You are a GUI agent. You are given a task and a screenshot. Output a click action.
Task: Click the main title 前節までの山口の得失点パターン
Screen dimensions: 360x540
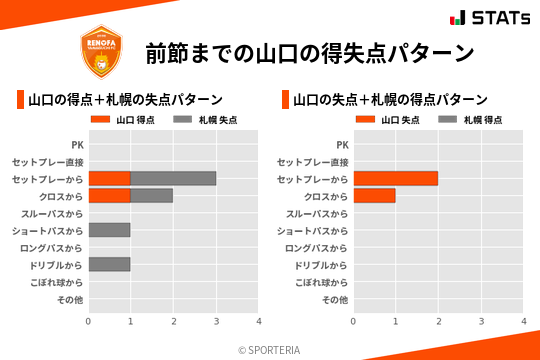coord(309,53)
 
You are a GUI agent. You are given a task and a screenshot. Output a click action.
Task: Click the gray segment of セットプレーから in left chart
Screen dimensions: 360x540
coord(173,178)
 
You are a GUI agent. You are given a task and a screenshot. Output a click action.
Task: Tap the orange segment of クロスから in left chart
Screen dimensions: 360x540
coord(109,196)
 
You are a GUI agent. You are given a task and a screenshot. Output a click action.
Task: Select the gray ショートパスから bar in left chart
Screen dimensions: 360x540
coord(109,230)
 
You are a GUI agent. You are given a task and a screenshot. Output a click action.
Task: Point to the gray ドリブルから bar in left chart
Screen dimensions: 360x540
coord(109,265)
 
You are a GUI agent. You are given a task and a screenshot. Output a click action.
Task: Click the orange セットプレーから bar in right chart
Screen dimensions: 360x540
coord(395,178)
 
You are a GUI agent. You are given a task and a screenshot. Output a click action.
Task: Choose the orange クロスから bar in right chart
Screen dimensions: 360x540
coord(374,196)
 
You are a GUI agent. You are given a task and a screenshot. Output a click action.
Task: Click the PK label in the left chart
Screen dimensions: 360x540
coord(77,144)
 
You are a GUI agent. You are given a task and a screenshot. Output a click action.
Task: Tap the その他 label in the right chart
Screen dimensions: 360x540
coord(334,300)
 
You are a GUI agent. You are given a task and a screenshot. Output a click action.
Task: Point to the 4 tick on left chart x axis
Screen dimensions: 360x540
coord(259,321)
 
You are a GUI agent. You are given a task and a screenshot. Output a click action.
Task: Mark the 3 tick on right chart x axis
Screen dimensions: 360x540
coord(481,321)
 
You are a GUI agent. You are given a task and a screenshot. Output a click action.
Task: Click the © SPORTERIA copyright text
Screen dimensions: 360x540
coord(269,350)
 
